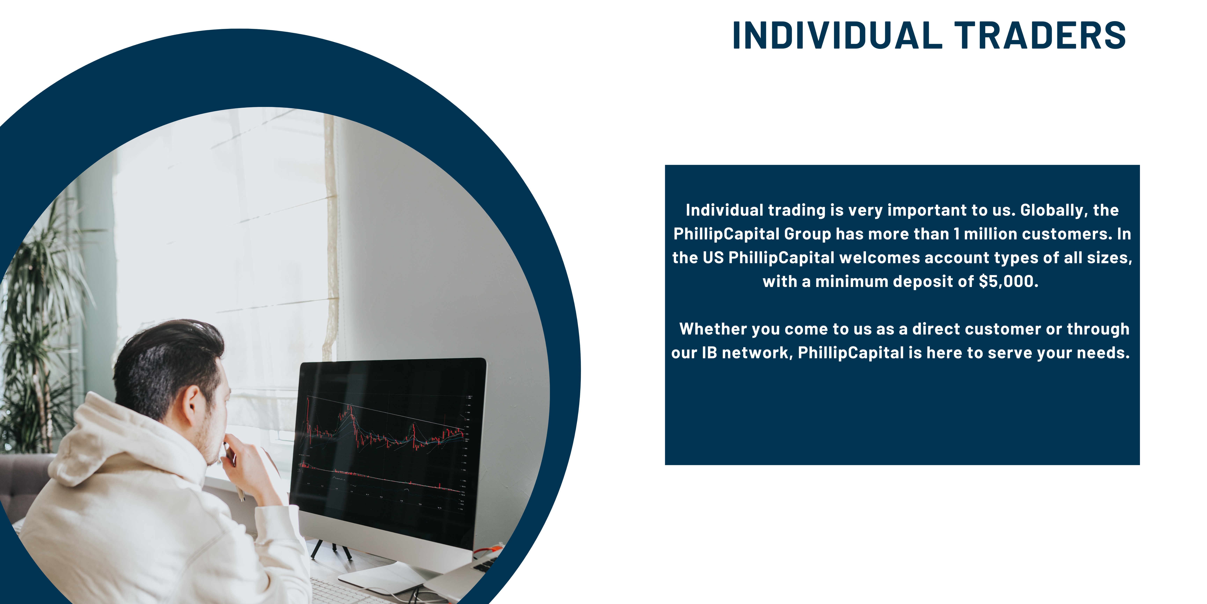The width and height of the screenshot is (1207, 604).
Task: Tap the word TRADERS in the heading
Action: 1040,36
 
